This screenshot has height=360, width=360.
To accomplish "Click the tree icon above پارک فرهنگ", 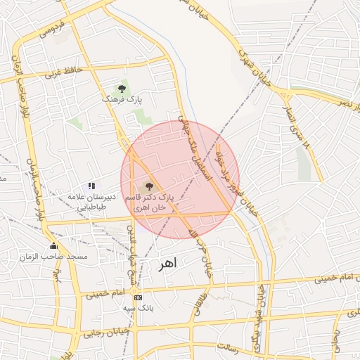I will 122,89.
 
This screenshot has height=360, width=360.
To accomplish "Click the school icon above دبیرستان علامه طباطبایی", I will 91,185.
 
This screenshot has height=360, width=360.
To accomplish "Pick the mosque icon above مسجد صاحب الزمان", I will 53,245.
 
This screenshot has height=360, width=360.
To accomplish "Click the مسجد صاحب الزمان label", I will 63,257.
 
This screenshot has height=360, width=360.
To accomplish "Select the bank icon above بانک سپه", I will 137,298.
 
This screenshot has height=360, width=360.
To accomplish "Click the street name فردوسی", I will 53,29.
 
